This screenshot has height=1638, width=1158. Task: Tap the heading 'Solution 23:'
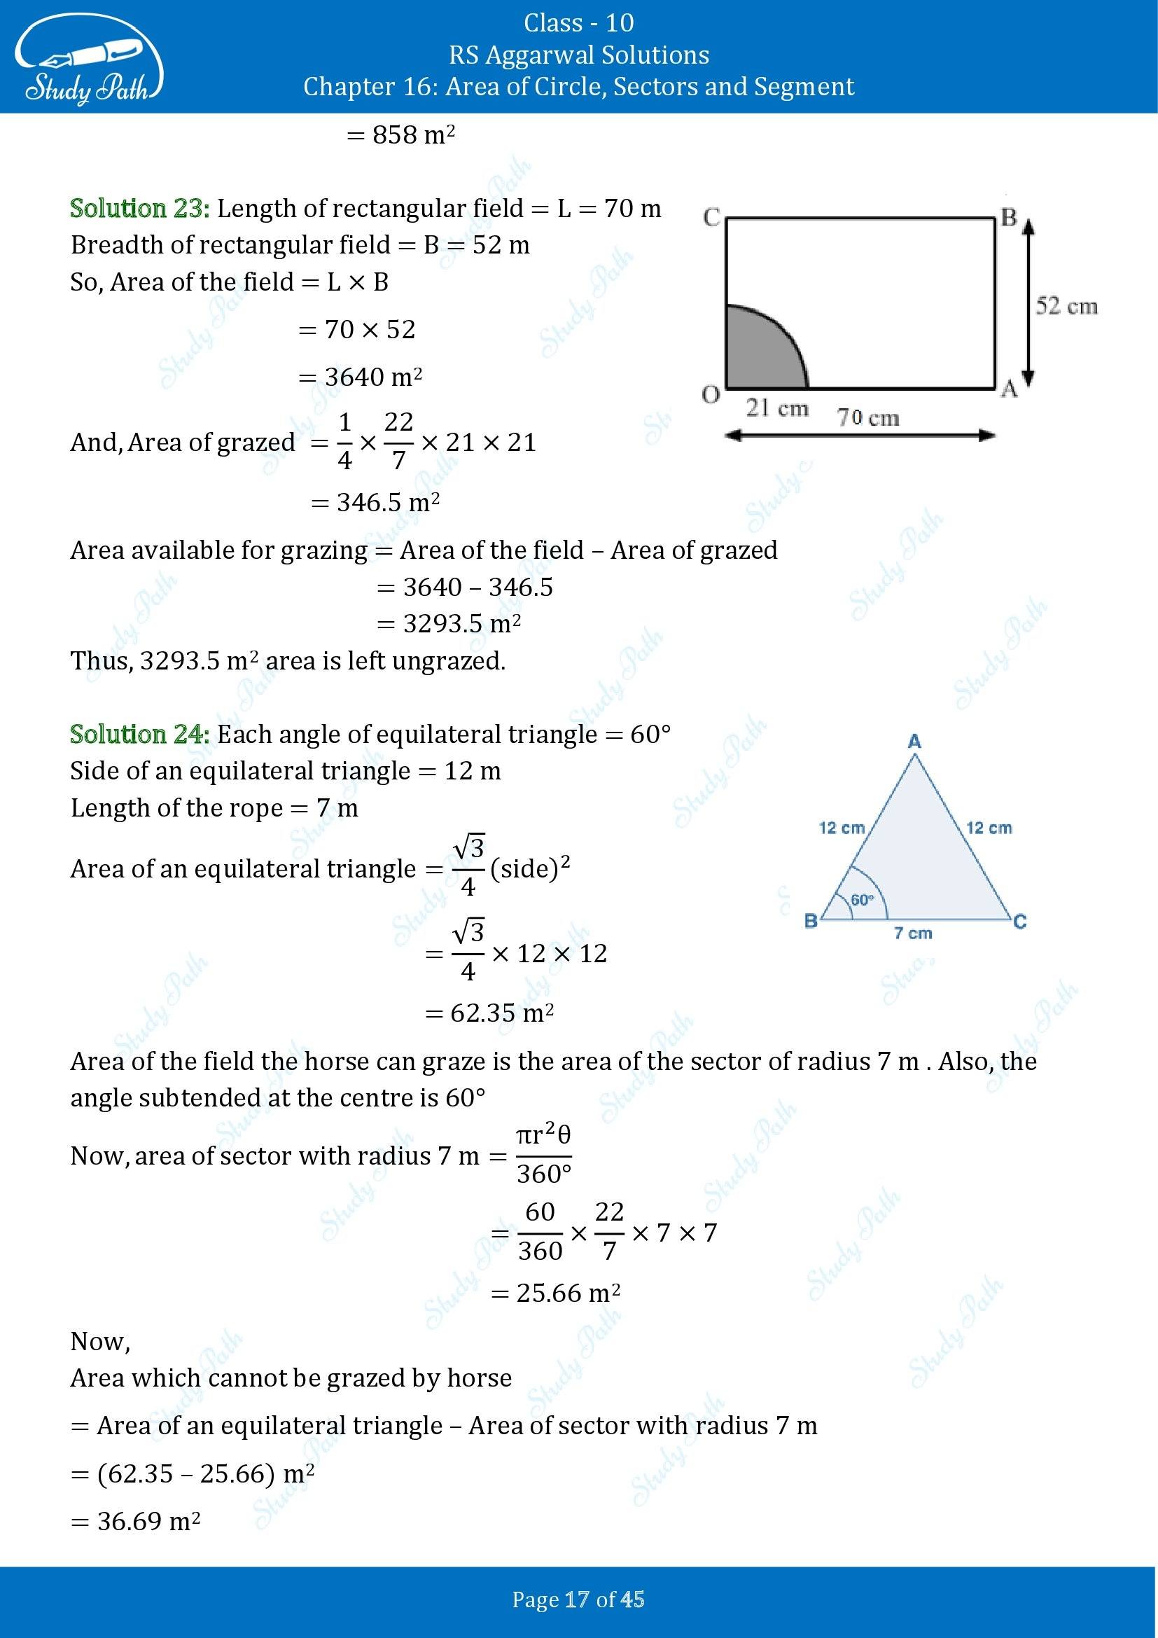click(x=140, y=208)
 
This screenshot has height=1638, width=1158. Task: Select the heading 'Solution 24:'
click(x=140, y=734)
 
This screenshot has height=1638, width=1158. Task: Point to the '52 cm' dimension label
click(x=1066, y=306)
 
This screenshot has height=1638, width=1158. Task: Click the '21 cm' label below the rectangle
click(x=776, y=409)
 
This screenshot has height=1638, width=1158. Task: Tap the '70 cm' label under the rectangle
click(x=867, y=417)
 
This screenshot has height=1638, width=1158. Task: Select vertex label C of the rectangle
click(x=711, y=217)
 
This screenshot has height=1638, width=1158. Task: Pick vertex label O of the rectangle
click(x=710, y=395)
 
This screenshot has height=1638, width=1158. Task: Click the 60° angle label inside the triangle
click(x=862, y=901)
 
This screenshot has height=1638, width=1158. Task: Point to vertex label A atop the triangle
click(x=914, y=742)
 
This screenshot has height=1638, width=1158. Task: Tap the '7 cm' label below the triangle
click(x=913, y=933)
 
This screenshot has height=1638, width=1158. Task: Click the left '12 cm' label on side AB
click(x=842, y=828)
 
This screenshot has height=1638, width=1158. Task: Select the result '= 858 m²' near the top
click(x=400, y=135)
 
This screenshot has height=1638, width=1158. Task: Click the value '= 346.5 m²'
click(x=376, y=503)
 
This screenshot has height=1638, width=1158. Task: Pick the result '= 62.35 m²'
click(x=490, y=1013)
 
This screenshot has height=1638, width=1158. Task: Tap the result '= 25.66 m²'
click(x=555, y=1293)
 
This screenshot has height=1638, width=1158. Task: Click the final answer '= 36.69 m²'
click(x=136, y=1521)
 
